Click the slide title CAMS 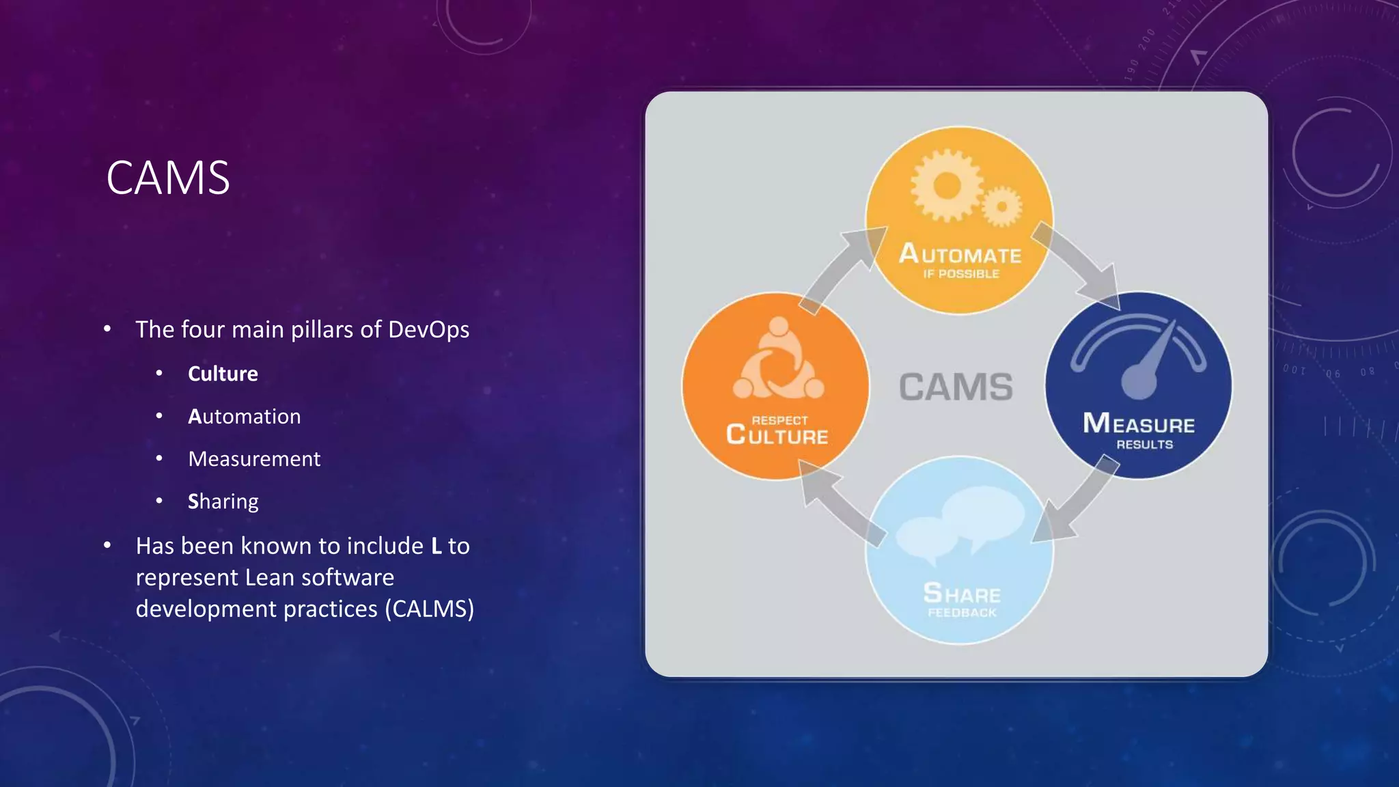168,178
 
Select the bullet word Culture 223,374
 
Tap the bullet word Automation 244,416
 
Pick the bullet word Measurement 254,458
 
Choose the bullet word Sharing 223,501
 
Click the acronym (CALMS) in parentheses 429,609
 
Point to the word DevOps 428,329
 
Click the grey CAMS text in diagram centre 956,387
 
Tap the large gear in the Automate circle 947,186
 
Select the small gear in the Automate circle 1001,206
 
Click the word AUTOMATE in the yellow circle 960,254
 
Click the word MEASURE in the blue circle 1139,424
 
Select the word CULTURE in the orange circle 777,435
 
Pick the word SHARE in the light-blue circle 962,594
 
